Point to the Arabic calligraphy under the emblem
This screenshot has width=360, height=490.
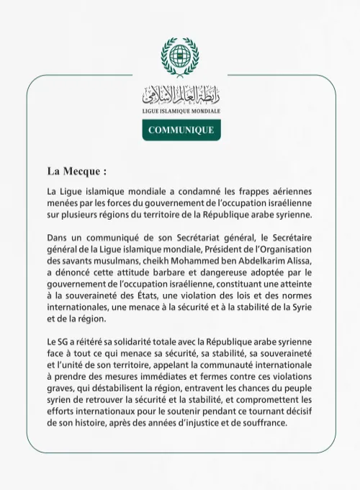(x=180, y=94)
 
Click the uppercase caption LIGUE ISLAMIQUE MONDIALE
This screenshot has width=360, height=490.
(x=181, y=112)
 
